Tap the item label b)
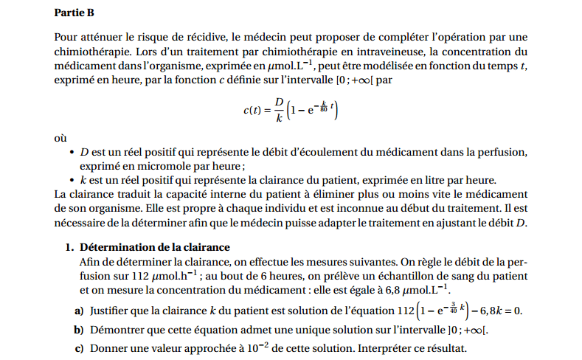point(78,330)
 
